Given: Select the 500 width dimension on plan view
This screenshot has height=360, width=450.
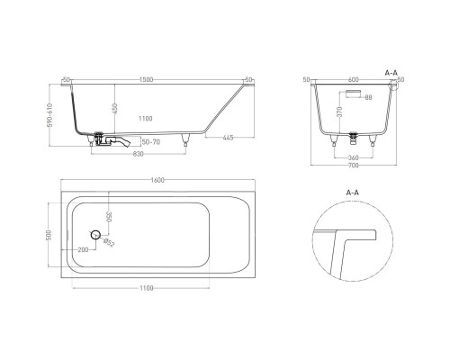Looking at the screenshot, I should point(51,235).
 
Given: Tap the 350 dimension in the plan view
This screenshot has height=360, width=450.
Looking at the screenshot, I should point(110,217).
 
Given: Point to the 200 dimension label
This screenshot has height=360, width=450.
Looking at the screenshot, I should point(83,248).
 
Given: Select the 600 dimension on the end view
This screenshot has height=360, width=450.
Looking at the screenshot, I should point(353,80).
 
